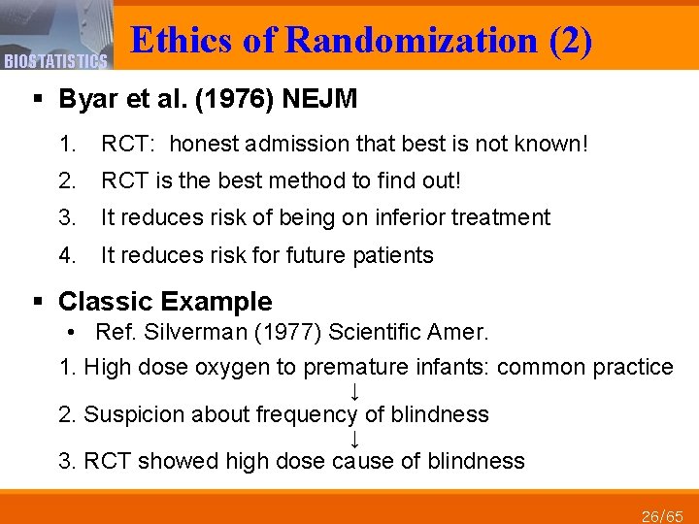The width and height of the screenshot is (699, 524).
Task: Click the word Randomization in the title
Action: (x=412, y=41)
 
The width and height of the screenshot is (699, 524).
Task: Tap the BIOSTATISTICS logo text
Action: (x=55, y=62)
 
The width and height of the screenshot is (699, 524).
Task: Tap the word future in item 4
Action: (x=326, y=255)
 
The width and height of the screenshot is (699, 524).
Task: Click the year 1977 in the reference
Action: (x=278, y=332)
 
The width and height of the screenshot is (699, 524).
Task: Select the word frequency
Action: (x=307, y=414)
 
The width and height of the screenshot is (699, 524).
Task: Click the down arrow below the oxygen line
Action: (x=355, y=391)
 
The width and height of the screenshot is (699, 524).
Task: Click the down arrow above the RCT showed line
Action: (x=355, y=439)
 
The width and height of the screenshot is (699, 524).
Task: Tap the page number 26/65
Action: (x=664, y=515)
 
